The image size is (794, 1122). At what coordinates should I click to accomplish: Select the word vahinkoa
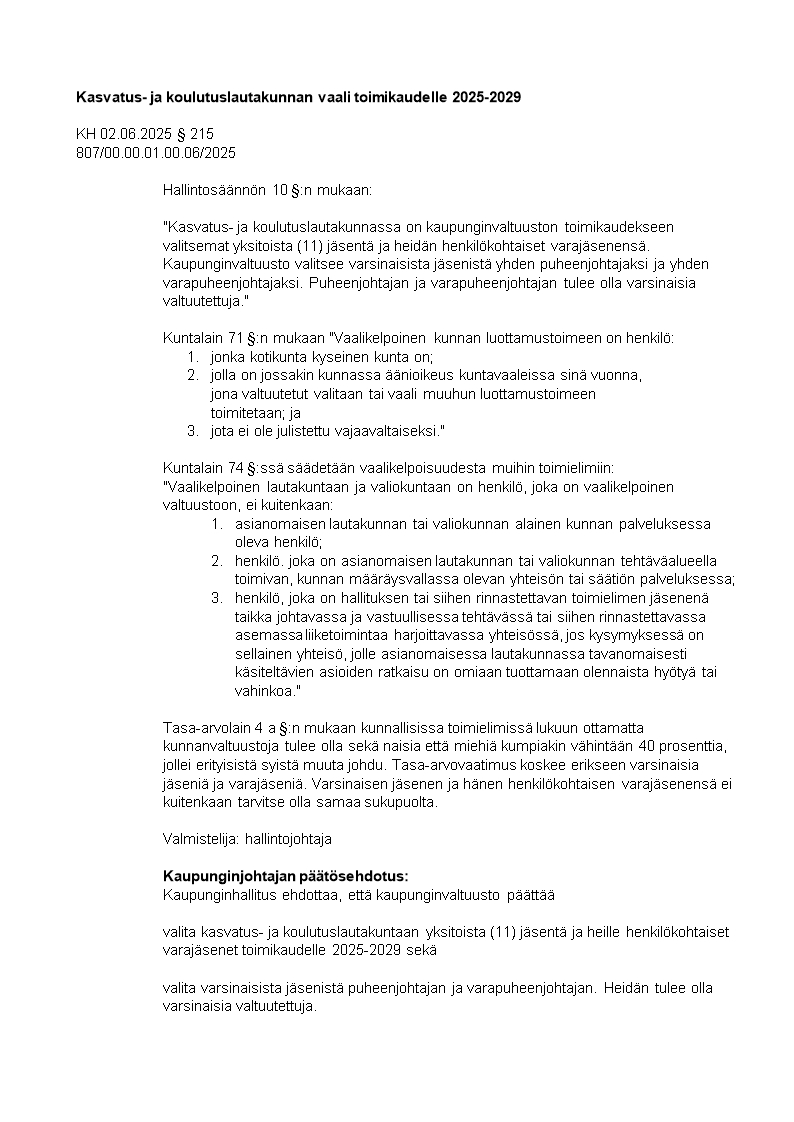point(267,691)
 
